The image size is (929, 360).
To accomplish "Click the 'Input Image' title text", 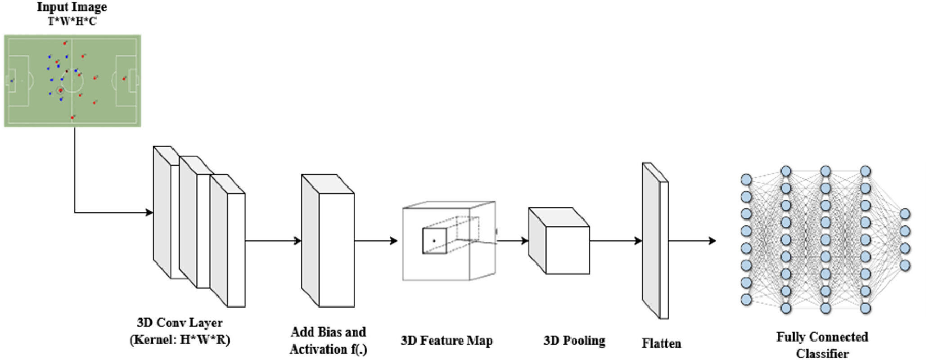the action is [72, 7].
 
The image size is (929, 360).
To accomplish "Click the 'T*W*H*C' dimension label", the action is [72, 21].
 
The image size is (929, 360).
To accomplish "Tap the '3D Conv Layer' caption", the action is [180, 323].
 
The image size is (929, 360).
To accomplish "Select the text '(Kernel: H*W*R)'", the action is [180, 339].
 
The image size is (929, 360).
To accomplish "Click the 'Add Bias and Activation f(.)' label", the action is [328, 341].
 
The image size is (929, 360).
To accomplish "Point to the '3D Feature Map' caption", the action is [446, 341].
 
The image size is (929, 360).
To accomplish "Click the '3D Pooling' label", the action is [574, 341].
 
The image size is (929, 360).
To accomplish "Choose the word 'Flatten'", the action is [661, 343].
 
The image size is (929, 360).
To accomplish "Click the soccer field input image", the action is [72, 81].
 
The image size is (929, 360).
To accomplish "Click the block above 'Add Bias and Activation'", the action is [328, 241].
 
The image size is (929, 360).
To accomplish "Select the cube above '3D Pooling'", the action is [559, 241].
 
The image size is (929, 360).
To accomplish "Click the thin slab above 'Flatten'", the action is [655, 241].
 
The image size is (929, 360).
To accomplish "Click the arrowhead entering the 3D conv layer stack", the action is [149, 212].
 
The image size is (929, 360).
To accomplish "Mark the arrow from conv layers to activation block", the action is [273, 241].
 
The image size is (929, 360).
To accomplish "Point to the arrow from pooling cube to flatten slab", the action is [616, 241].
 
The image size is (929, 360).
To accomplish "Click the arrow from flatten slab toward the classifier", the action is [692, 241].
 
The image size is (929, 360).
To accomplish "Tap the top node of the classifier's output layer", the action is [905, 214].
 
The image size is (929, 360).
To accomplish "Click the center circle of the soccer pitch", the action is [72, 81].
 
